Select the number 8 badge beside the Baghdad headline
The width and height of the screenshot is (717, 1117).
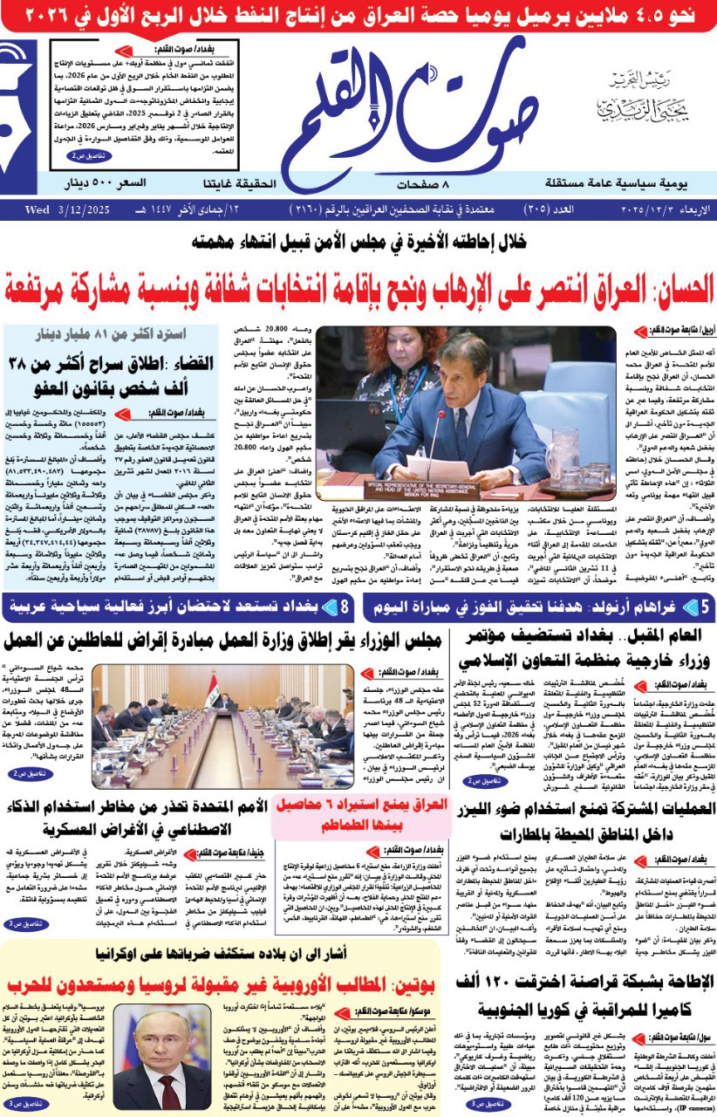(345, 605)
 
